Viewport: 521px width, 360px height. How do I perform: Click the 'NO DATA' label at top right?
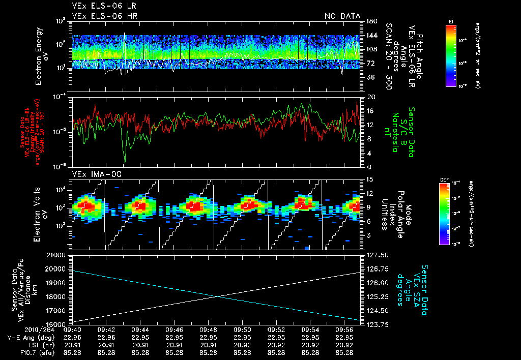point(342,16)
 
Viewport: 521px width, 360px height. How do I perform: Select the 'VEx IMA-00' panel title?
point(93,174)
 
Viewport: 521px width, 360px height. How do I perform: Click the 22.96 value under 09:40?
point(72,337)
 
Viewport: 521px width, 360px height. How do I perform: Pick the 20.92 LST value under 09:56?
point(345,345)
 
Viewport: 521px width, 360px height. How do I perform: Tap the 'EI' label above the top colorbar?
point(451,21)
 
